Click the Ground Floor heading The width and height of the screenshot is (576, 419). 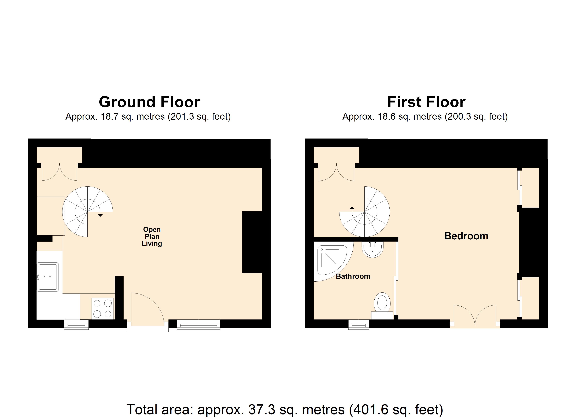[x=149, y=102]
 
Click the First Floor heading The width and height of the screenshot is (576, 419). [x=426, y=102]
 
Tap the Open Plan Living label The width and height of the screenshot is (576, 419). [x=152, y=236]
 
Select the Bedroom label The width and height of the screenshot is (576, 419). [x=466, y=236]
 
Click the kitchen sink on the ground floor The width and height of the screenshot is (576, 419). [x=48, y=277]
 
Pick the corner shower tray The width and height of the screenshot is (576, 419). [x=330, y=260]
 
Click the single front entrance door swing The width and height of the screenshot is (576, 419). [x=146, y=309]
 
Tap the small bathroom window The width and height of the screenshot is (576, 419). [x=358, y=325]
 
